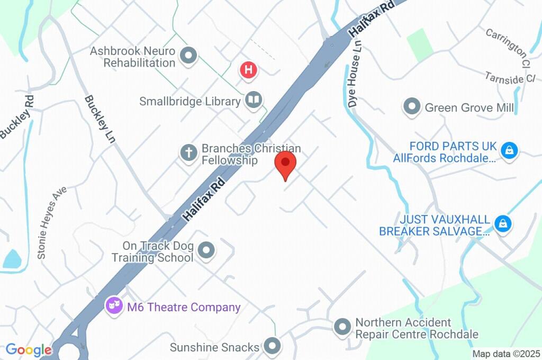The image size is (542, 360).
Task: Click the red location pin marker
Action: [x=286, y=163]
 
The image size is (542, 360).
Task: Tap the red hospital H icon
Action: [x=248, y=70]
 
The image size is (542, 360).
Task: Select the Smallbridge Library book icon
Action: [x=254, y=100]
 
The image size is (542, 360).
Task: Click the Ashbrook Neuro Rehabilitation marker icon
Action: [x=188, y=56]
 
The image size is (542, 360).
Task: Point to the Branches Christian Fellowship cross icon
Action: [x=188, y=154]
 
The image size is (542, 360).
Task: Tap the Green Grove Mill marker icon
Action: [x=411, y=107]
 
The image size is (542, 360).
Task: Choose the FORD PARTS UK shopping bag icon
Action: [x=509, y=150]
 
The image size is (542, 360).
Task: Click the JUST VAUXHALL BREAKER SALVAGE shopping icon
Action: [x=502, y=224]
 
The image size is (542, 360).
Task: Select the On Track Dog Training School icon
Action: [x=206, y=250]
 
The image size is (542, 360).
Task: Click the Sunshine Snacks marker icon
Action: [x=273, y=347]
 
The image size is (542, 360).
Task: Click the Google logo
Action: [x=29, y=350]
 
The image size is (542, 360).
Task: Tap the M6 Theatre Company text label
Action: [x=184, y=307]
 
